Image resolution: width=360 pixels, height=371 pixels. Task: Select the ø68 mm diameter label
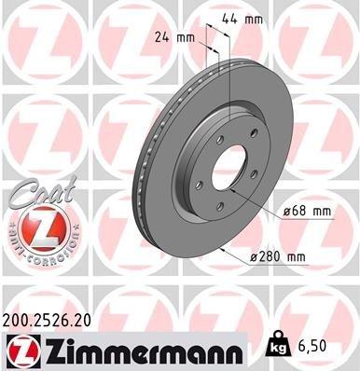307,212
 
